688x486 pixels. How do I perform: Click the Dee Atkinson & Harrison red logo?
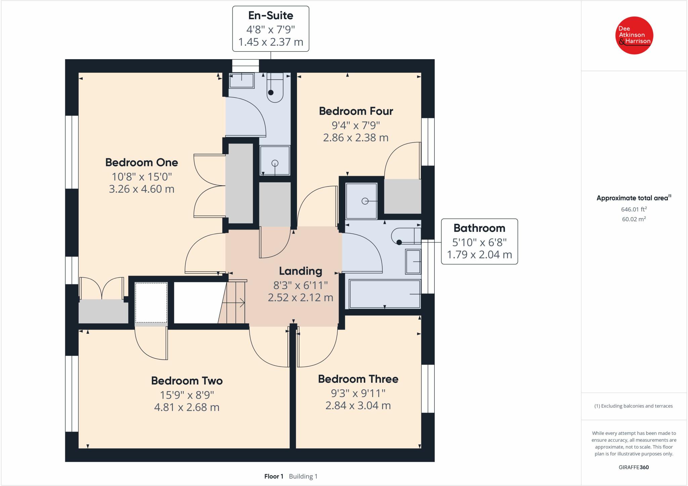634,35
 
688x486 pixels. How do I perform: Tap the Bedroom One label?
141,162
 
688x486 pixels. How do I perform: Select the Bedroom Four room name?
356,111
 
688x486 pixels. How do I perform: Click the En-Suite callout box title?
270,15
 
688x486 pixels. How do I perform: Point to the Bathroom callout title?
479,228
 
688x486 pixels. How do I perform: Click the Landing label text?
300,271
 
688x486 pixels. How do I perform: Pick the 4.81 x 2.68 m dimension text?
186,407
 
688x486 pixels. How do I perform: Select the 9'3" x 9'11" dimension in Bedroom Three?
358,393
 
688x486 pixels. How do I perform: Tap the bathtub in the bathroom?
385,294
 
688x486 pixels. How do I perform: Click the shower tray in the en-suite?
275,161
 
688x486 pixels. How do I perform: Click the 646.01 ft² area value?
634,209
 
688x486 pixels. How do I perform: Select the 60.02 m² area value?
634,219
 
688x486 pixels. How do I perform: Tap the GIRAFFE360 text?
634,467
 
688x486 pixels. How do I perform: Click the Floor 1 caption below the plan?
274,476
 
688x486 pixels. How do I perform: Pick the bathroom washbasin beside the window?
413,261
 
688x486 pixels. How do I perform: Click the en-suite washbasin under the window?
241,80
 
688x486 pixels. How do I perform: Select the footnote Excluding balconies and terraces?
634,406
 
